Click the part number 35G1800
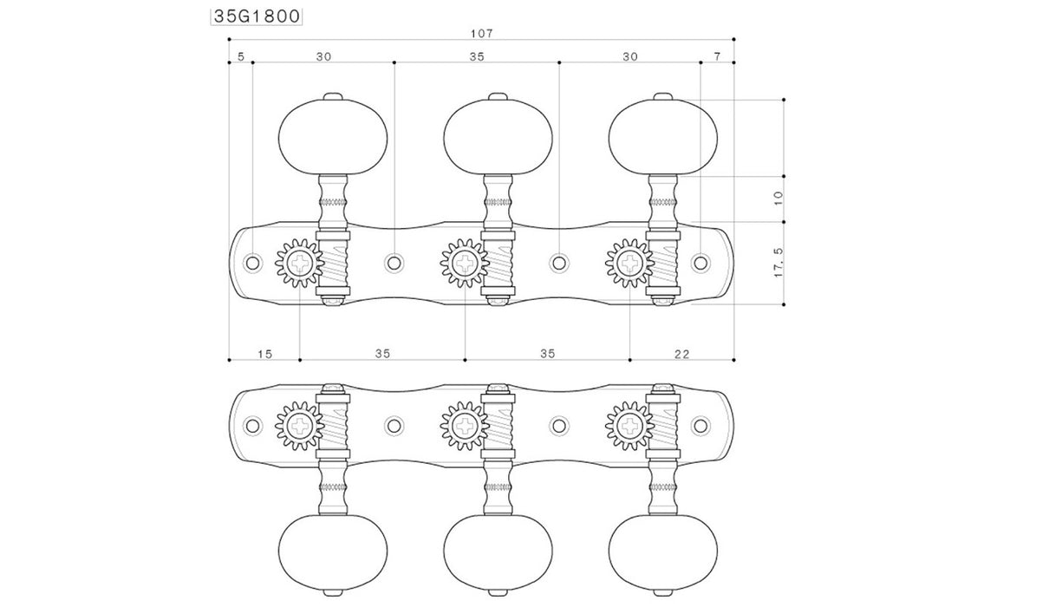click(257, 16)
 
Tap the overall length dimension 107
click(482, 34)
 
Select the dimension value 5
click(241, 57)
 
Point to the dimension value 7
click(717, 57)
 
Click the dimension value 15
click(265, 355)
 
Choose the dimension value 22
click(681, 355)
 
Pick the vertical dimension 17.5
click(779, 263)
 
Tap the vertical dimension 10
click(779, 199)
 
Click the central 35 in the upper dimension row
click(477, 57)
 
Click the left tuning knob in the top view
click(333, 137)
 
